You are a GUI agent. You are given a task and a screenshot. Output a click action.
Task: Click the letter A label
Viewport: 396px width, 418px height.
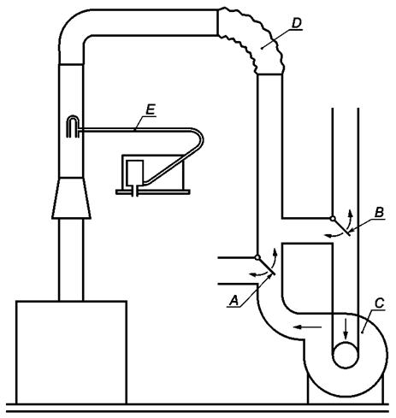coord(234,301)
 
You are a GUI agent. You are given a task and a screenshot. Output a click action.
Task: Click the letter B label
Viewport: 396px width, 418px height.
coord(379,213)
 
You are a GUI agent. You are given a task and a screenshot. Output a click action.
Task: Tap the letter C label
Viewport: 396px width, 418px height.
coord(379,303)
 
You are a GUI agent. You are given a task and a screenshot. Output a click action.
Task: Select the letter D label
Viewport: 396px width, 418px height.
coord(297,23)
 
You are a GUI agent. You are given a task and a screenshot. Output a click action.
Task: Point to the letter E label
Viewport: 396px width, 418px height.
coord(151,109)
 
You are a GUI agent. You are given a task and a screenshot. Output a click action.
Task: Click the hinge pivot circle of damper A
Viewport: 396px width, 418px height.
coord(257,257)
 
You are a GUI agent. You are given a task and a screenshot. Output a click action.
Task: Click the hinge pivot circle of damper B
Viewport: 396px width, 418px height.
coord(333,219)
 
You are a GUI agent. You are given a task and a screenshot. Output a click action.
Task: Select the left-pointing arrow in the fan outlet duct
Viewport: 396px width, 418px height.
coord(308,327)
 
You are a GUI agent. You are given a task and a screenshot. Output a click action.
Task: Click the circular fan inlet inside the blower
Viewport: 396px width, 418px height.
coord(346,356)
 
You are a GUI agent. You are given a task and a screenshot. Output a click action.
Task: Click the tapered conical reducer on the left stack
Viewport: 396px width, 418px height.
coord(71,197)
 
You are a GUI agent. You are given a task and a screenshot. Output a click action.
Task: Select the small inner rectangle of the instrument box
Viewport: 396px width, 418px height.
coord(134,172)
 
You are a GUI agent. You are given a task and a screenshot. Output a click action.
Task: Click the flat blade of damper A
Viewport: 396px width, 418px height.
coord(267,267)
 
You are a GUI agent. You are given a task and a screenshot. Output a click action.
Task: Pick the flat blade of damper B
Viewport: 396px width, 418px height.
coord(341,227)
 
